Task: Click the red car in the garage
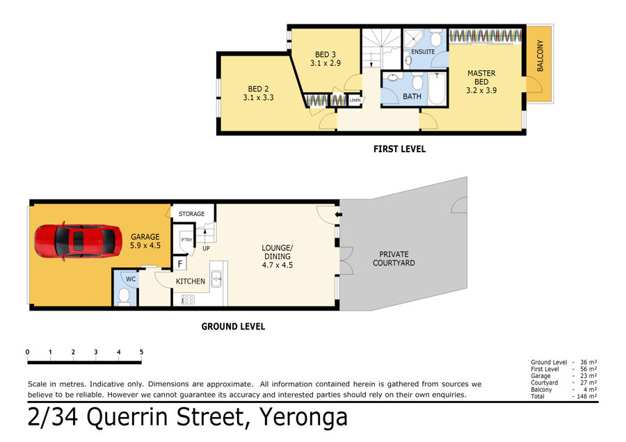click(x=78, y=241)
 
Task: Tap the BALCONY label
click(x=540, y=56)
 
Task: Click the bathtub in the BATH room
click(x=438, y=88)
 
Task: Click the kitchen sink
click(x=216, y=279)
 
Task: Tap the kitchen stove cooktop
click(x=188, y=300)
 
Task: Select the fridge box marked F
click(x=180, y=263)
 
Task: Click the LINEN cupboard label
click(x=355, y=100)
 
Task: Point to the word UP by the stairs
click(x=206, y=248)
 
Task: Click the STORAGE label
click(x=192, y=214)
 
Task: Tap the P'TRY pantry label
click(x=186, y=240)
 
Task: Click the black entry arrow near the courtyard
click(x=339, y=215)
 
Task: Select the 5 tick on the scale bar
click(x=141, y=352)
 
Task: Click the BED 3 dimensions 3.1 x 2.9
click(x=326, y=63)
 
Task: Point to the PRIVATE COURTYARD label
click(x=394, y=259)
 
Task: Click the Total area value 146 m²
click(x=587, y=397)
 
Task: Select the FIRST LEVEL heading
click(x=400, y=149)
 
